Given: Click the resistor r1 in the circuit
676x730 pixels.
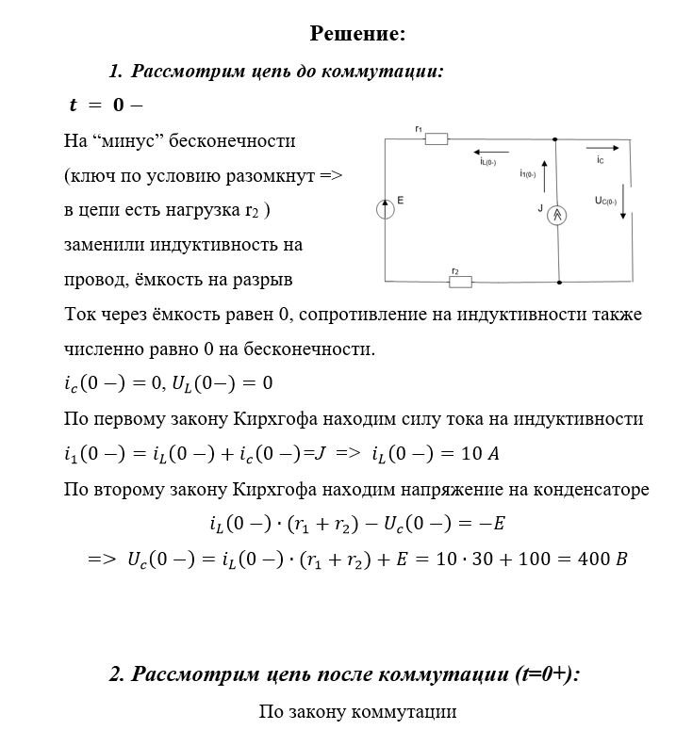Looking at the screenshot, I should click(436, 140).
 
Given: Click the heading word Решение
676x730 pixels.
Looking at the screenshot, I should click(357, 34).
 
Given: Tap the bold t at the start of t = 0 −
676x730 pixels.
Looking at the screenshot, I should click(74, 105).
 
